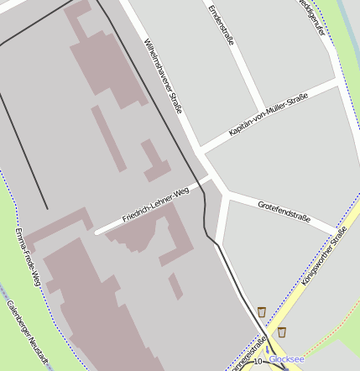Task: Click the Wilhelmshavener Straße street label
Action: (163, 76)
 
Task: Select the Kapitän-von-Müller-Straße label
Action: (268, 115)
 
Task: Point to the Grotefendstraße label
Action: (284, 212)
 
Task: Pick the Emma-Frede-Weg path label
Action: (27, 256)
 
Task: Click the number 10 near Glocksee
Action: (257, 361)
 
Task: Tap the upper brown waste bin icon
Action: (262, 311)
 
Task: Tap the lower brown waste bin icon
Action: (281, 332)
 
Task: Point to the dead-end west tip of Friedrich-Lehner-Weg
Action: (97, 232)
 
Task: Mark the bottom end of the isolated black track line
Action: (47, 208)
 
